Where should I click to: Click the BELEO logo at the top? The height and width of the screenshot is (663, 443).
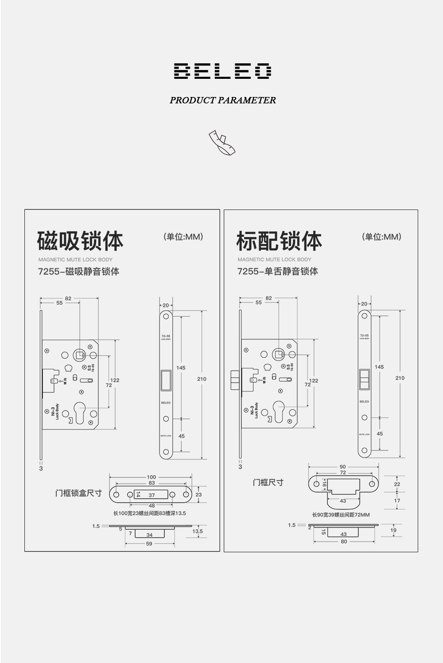[222, 71]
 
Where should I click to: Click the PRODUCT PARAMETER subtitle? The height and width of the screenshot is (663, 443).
[222, 101]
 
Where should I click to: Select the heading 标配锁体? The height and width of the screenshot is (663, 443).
[279, 241]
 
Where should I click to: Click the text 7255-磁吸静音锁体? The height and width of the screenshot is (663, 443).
[78, 271]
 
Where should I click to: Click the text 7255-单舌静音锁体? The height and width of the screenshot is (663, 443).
[277, 271]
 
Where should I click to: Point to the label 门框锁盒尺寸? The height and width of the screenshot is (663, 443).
[78, 493]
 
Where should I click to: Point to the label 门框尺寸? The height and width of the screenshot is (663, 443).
[268, 482]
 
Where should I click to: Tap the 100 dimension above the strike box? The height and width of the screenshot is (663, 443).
[152, 477]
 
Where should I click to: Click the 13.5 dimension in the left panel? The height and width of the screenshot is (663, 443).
[198, 531]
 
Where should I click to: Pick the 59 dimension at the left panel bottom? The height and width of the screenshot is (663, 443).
[149, 544]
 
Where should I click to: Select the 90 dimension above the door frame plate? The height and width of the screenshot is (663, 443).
[343, 467]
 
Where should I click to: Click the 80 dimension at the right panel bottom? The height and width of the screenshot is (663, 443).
[344, 542]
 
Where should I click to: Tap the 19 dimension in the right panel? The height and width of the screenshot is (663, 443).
[393, 530]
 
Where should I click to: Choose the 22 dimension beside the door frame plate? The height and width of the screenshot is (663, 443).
[397, 484]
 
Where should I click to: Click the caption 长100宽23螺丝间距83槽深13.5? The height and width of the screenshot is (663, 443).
[150, 513]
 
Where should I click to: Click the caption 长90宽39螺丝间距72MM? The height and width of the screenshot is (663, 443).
[341, 515]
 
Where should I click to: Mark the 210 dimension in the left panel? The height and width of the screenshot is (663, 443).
[202, 379]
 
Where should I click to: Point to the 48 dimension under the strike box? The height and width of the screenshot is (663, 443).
[152, 505]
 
